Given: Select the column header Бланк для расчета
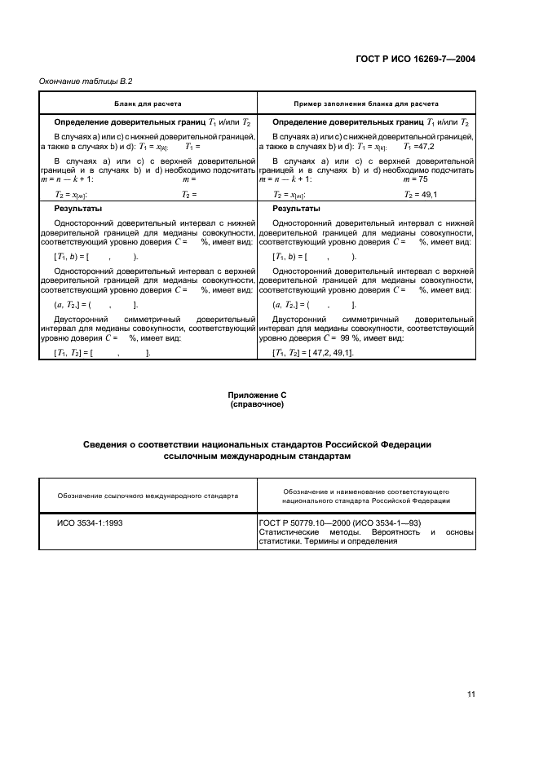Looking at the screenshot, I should coord(148,104).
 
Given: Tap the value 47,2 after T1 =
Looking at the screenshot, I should coord(427,147).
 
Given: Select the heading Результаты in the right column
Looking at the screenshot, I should coord(296,208).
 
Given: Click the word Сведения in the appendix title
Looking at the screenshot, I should coord(110,444).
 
